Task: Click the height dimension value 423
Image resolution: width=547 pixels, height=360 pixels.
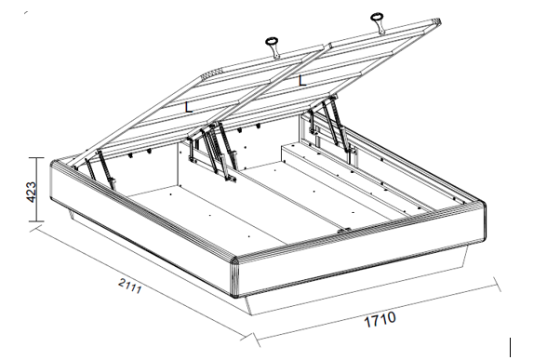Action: coord(31,192)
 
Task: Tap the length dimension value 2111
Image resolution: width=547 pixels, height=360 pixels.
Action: coord(130,286)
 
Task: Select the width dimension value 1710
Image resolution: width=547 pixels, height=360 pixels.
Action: coord(380,319)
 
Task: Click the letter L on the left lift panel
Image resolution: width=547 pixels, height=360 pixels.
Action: coord(188,107)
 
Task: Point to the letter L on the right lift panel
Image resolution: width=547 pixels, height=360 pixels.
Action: coord(302,81)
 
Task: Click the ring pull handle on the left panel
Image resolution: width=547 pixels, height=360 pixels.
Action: coord(273,47)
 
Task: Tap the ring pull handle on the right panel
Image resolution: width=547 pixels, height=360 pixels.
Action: coord(378,22)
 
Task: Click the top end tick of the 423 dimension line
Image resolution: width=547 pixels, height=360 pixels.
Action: coord(36,158)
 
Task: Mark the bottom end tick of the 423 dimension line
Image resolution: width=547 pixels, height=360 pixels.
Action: coord(36,220)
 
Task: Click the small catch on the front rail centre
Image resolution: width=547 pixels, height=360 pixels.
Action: coord(344,231)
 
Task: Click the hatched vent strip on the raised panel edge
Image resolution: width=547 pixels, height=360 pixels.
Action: coord(212,73)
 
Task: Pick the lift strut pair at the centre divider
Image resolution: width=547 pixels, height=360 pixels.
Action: coord(212,151)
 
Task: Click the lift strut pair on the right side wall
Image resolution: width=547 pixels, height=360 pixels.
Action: coord(331,129)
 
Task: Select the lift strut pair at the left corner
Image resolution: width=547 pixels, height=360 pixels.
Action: coord(99,168)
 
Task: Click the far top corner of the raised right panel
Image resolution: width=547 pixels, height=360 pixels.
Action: coord(438,21)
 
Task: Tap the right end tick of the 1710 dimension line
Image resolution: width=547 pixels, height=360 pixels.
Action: coord(498,285)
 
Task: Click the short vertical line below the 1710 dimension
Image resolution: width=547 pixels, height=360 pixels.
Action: coord(511,348)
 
